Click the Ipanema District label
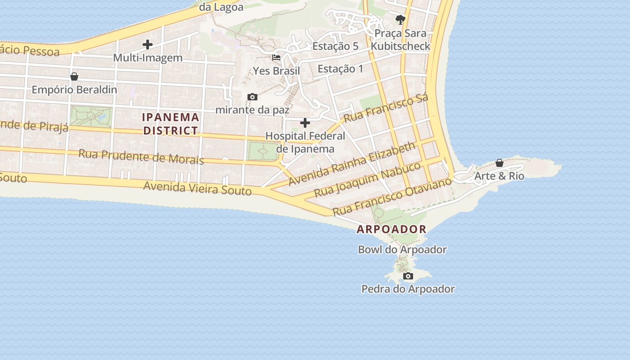[171, 124]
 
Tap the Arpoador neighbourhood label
[391, 229]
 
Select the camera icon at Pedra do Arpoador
[408, 276]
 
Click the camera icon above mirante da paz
[252, 97]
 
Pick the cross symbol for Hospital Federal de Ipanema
[305, 123]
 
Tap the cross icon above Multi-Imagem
[147, 45]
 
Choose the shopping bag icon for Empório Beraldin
[74, 76]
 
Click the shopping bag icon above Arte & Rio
[499, 162]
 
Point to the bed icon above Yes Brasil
[276, 58]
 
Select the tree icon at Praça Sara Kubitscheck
[400, 19]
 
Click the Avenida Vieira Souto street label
[197, 188]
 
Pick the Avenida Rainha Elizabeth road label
[352, 163]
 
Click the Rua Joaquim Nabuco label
[367, 180]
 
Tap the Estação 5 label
[335, 46]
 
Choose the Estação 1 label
[340, 69]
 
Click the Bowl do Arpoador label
[402, 249]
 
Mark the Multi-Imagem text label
[148, 58]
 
